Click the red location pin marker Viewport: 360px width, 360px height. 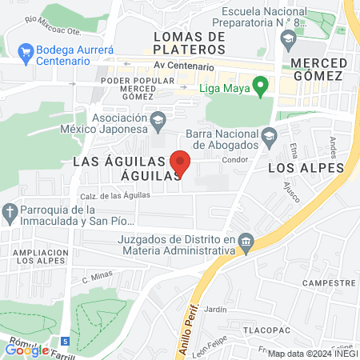coord(180,162)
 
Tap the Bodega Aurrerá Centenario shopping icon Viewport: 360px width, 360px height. coord(25,53)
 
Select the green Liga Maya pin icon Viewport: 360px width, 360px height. coord(260,86)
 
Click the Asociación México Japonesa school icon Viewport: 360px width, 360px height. coord(158,119)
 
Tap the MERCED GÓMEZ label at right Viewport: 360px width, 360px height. coord(317,69)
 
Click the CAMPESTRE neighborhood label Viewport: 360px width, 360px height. coord(329,283)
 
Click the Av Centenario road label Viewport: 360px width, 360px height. coord(184,67)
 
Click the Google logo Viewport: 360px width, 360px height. coord(26,350)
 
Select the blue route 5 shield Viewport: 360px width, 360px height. coord(65,341)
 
